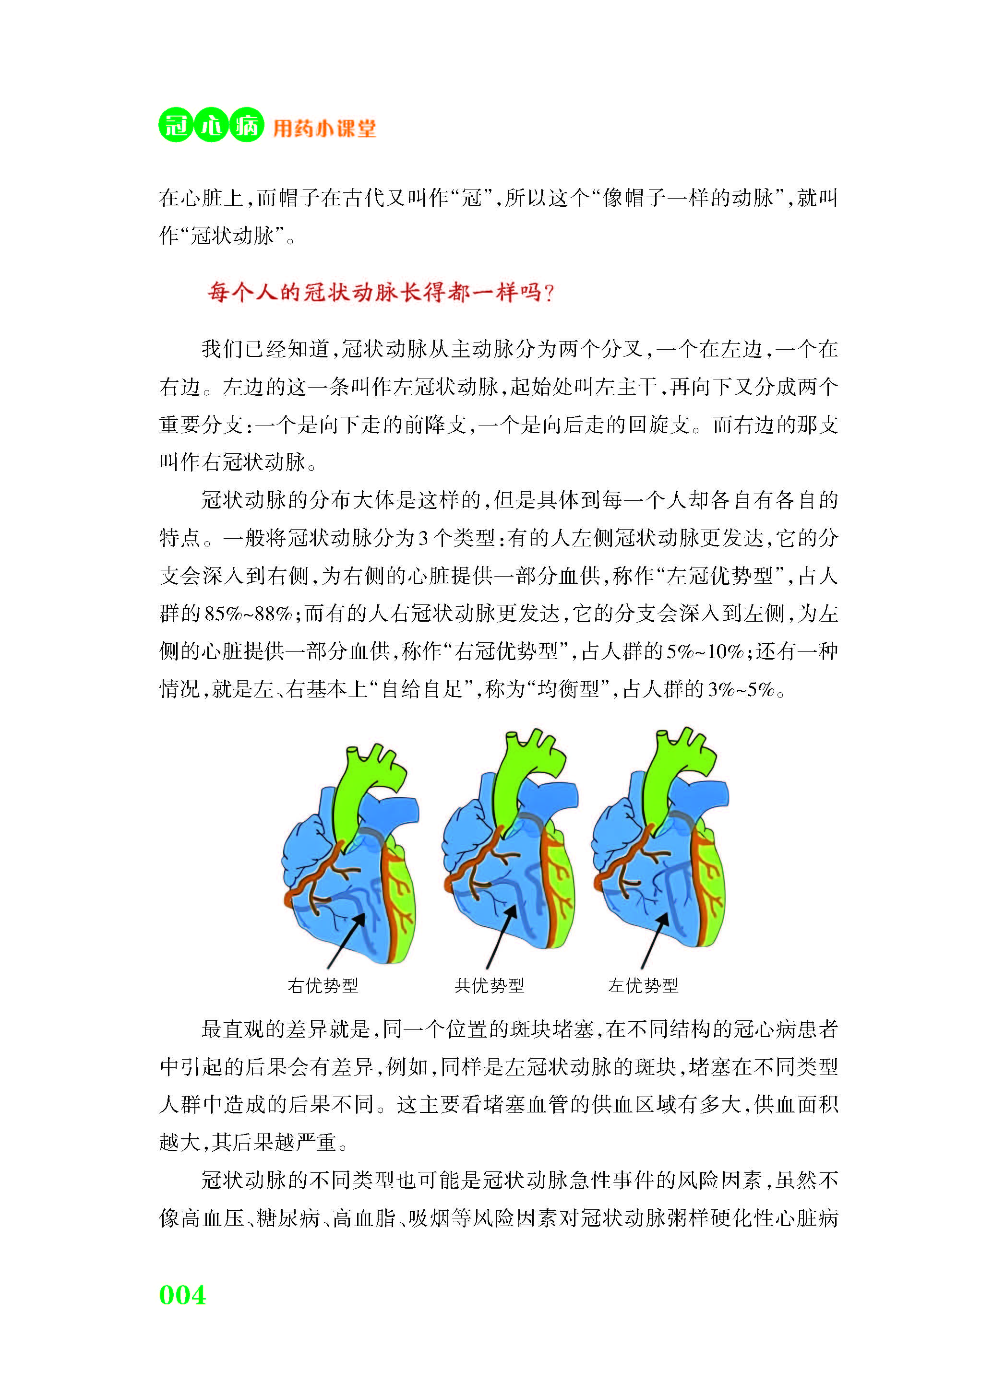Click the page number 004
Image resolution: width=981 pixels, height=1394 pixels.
point(182,1295)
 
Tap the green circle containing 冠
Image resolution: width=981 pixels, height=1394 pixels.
point(176,125)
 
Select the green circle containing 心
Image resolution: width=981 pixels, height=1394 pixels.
point(211,125)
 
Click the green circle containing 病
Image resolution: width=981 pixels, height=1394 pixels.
point(247,125)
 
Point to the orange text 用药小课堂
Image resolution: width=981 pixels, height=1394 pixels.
point(324,128)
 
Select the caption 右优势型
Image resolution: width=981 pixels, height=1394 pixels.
point(323,985)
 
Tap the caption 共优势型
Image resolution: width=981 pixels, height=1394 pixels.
point(489,985)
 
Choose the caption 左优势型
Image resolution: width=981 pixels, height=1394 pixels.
point(643,985)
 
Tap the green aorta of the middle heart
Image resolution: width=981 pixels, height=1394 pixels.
point(516,783)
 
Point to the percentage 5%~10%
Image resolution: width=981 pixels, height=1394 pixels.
point(705,651)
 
